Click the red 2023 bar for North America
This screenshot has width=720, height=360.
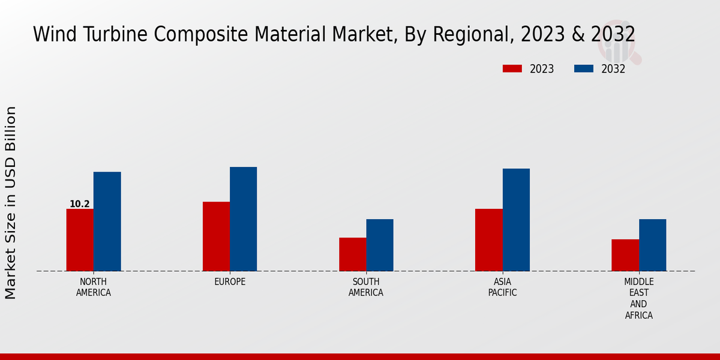tap(80, 240)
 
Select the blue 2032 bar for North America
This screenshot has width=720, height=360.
tap(107, 221)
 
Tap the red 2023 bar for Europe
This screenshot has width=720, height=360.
tap(216, 236)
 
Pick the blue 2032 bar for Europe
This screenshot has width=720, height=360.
tap(244, 219)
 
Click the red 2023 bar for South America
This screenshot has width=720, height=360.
tap(352, 254)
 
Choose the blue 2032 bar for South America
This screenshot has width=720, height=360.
tap(380, 245)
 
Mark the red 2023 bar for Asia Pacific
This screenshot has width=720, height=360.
tap(488, 240)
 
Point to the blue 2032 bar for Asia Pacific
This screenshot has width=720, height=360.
tap(516, 220)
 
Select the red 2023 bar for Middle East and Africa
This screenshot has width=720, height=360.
tap(625, 255)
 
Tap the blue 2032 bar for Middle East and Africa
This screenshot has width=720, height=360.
tap(652, 245)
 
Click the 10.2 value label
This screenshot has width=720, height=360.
tap(79, 204)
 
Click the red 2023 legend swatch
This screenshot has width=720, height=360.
tap(512, 68)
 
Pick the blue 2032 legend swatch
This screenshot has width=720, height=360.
tap(584, 68)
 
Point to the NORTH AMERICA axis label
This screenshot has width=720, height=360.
tap(94, 287)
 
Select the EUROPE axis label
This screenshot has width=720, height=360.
tap(230, 282)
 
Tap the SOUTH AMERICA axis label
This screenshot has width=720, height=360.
tap(366, 287)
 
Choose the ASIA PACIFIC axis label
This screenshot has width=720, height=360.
tap(502, 287)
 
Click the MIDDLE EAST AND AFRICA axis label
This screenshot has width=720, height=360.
tap(639, 299)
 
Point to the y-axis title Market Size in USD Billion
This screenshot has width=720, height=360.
tap(11, 203)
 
